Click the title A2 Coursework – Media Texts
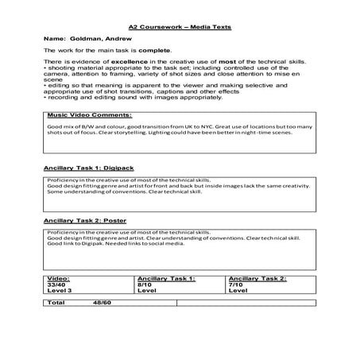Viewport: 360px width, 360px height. tap(180, 26)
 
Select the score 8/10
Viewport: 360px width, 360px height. tap(145, 285)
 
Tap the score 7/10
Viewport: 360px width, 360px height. tap(236, 285)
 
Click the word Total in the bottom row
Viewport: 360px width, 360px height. tap(56, 303)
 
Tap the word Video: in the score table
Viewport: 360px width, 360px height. tap(59, 279)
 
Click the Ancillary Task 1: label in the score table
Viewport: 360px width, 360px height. tap(166, 279)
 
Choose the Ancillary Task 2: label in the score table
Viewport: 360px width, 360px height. tap(257, 279)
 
